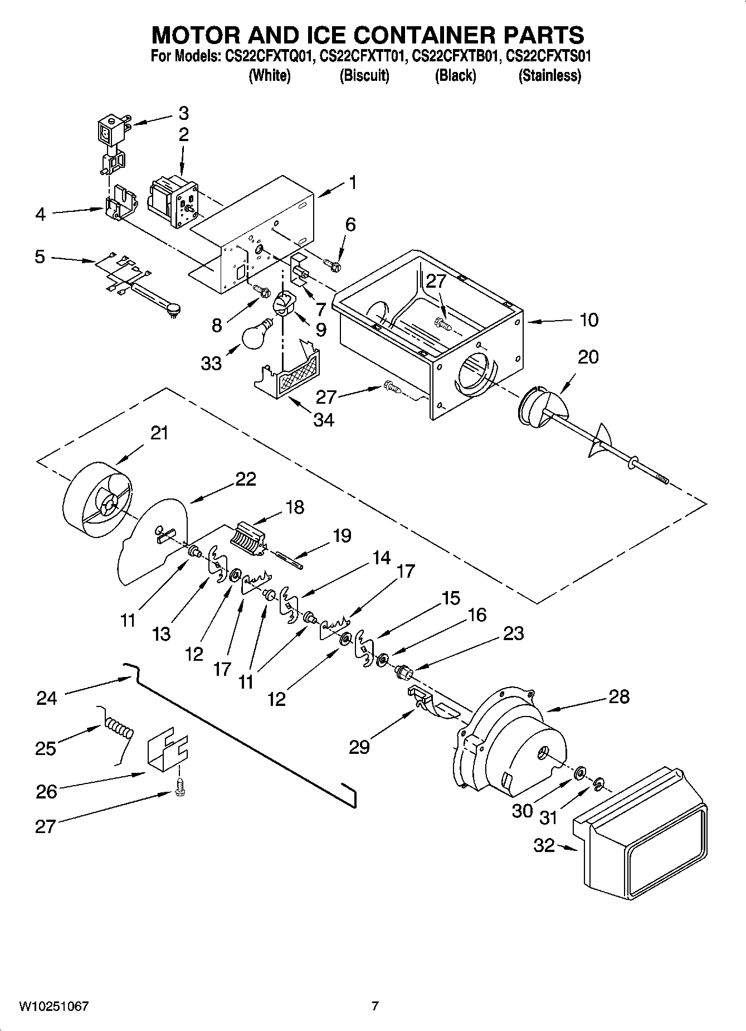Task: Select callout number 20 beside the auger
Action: (588, 357)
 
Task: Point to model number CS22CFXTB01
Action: (454, 56)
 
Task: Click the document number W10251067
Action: (53, 1006)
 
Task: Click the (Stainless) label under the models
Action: (549, 75)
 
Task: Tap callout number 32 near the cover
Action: (544, 845)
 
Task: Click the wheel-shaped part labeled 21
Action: (97, 501)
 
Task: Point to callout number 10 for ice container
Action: (589, 320)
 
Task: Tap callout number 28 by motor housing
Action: (619, 696)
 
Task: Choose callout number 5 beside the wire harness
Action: (40, 257)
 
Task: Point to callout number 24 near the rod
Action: (47, 698)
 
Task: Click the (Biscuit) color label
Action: (364, 75)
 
